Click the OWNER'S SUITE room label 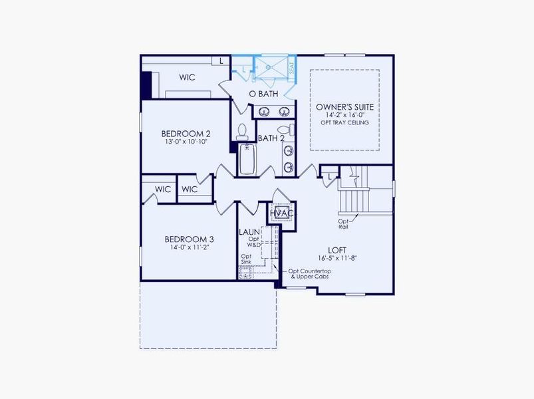click(x=344, y=106)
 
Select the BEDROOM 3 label click(x=189, y=239)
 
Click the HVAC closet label click(x=282, y=213)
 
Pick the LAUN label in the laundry click(x=249, y=231)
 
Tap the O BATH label click(x=263, y=94)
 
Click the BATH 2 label click(x=271, y=138)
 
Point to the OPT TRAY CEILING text click(x=344, y=123)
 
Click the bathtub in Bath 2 click(x=247, y=160)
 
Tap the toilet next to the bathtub click(x=243, y=130)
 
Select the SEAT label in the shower click(x=291, y=68)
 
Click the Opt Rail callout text click(x=343, y=223)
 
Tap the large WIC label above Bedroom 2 click(x=187, y=77)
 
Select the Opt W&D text click(x=253, y=242)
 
